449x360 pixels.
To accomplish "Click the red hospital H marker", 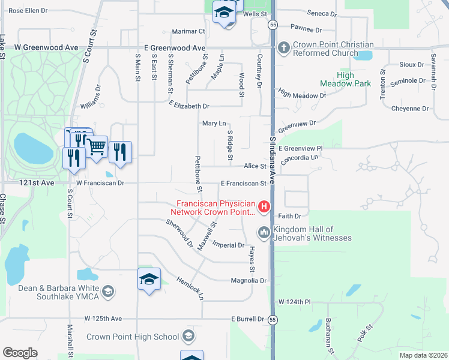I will [264, 208].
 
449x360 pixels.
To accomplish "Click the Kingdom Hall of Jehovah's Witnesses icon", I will [264, 232].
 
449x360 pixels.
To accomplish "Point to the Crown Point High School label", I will [133, 337].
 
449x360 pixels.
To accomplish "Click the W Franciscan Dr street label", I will [100, 183].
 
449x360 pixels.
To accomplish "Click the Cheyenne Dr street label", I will [409, 109].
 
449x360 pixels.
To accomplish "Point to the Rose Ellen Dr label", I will [28, 11].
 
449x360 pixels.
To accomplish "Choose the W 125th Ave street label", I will [103, 319].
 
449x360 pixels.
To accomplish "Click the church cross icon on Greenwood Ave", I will [284, 47].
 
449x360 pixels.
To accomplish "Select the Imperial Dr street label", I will [229, 245].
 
